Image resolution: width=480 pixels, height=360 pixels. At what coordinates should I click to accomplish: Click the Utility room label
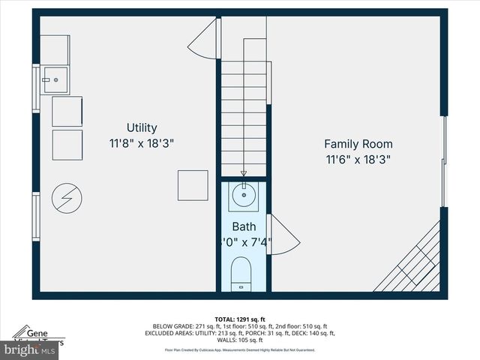(x=142, y=128)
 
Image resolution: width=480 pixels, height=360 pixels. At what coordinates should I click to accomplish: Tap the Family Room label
(x=358, y=144)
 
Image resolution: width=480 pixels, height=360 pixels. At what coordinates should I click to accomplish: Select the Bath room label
(x=244, y=226)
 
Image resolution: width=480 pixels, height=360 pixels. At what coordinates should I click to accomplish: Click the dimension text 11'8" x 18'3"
(x=142, y=143)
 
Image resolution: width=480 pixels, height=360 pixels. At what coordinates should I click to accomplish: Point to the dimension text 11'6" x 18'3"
(x=358, y=159)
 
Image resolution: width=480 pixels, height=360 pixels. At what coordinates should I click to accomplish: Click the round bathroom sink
(x=243, y=197)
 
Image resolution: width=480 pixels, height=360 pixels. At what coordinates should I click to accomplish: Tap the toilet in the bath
(x=241, y=273)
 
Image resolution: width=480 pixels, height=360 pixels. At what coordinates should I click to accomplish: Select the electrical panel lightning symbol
(x=67, y=199)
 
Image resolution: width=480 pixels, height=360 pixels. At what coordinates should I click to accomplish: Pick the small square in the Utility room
(x=193, y=185)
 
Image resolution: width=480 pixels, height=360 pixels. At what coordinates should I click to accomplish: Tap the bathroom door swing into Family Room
(x=283, y=235)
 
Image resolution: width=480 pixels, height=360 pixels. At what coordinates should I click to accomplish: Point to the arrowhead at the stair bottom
(x=243, y=173)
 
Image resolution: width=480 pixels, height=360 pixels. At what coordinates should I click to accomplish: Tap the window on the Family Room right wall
(x=444, y=161)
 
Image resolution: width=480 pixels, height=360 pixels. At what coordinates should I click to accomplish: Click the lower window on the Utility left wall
(x=35, y=217)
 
